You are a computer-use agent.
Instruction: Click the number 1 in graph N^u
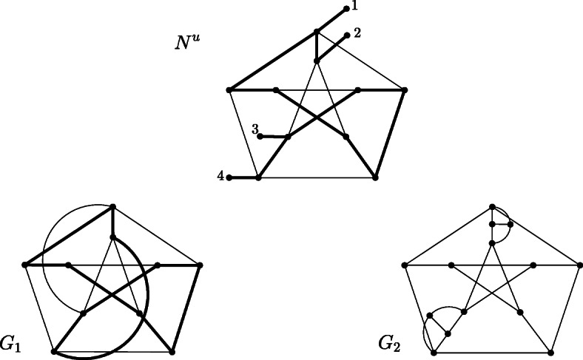pos(355,7)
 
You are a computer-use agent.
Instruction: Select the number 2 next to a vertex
pos(357,33)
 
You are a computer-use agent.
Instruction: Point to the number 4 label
pos(220,177)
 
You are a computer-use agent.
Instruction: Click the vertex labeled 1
pos(346,9)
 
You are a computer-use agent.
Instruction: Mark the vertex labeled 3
pos(260,136)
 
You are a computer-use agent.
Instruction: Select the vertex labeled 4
pos(229,177)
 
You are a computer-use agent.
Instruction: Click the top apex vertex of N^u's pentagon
pos(317,31)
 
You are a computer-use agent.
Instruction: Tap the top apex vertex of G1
pos(112,206)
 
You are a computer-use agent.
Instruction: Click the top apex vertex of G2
pos(493,206)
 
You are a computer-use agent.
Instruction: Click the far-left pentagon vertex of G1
pos(24,264)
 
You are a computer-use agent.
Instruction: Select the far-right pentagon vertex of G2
pos(580,264)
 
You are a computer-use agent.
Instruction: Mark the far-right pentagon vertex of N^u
pos(405,90)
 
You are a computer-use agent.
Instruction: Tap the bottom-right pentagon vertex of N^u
pos(376,177)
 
